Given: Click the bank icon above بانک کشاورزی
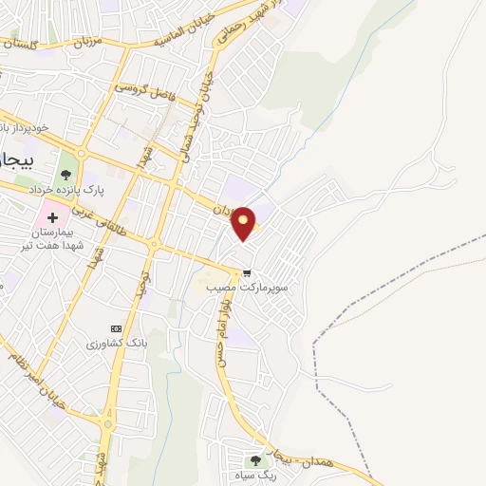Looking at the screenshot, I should [117, 328].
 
